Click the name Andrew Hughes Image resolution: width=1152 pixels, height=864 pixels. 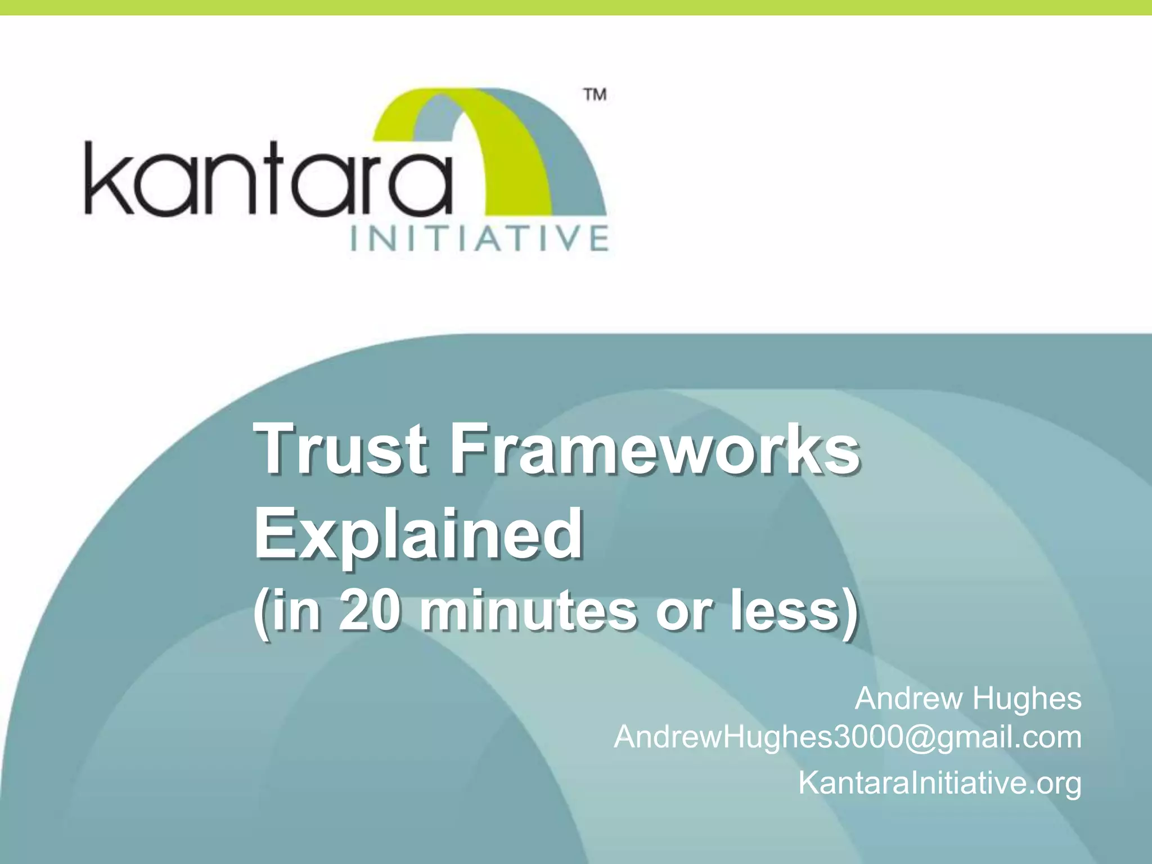pyautogui.click(x=967, y=699)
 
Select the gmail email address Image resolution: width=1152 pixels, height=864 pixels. pyautogui.click(x=847, y=737)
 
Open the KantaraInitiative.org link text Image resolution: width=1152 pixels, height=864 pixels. pyautogui.click(x=939, y=782)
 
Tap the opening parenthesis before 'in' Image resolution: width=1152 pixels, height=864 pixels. pyautogui.click(x=259, y=613)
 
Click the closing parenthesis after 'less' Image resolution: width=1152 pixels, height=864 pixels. pyautogui.click(x=851, y=613)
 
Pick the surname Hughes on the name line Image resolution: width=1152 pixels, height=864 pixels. pyautogui.click(x=1027, y=699)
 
